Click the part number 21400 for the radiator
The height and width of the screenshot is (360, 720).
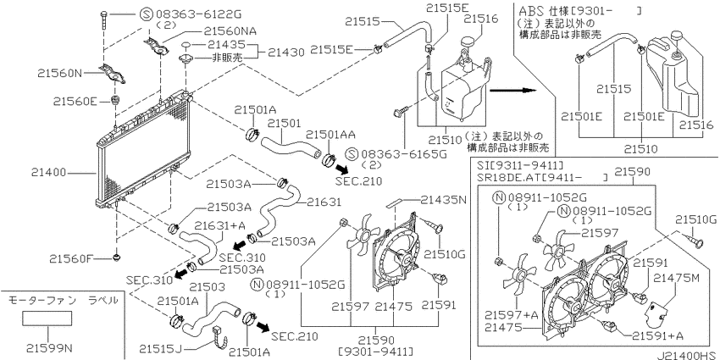pyautogui.click(x=48, y=173)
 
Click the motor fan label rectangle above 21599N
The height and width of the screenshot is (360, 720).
pyautogui.click(x=47, y=318)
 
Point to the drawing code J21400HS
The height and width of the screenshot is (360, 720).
pyautogui.click(x=688, y=356)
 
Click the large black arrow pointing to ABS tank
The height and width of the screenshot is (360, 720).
pyautogui.click(x=513, y=91)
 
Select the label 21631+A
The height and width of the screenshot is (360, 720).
pyautogui.click(x=213, y=225)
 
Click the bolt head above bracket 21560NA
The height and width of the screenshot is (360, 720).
pyautogui.click(x=104, y=14)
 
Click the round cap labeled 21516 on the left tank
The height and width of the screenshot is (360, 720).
pyautogui.click(x=467, y=42)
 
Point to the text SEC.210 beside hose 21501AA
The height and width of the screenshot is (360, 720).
pyautogui.click(x=358, y=181)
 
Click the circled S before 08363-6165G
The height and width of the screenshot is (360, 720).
pyautogui.click(x=352, y=154)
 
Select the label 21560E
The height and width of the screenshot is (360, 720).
pyautogui.click(x=75, y=101)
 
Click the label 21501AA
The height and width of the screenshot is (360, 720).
pyautogui.click(x=330, y=135)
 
